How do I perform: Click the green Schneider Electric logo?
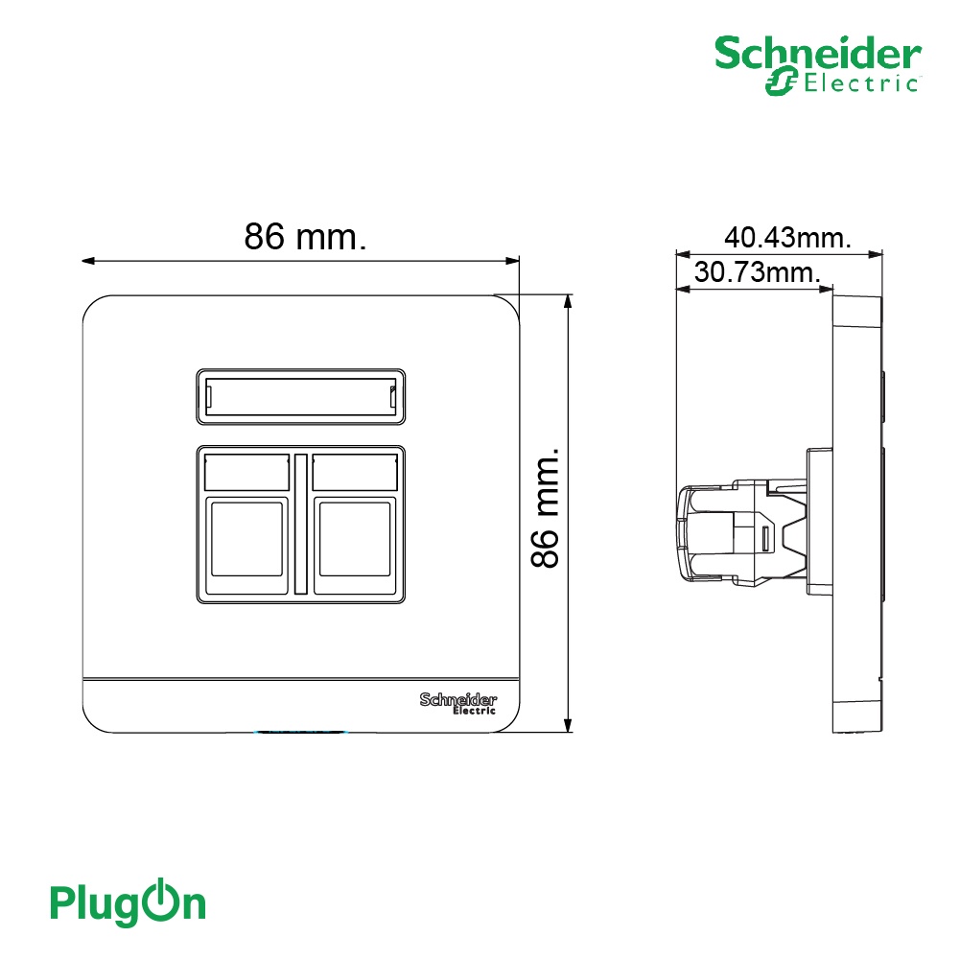[818, 65]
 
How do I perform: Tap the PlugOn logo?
[128, 902]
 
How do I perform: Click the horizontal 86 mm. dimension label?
[305, 236]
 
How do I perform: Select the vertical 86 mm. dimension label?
[545, 507]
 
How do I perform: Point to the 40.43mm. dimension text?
[787, 237]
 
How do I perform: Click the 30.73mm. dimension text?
[757, 271]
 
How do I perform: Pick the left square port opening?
[246, 539]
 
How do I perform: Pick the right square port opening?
[355, 539]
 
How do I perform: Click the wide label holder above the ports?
[300, 397]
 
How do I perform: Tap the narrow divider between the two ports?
[300, 524]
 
